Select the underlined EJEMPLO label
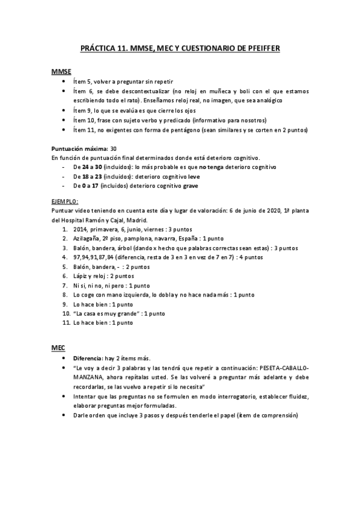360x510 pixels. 66,201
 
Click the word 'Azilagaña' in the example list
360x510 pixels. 87,238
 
